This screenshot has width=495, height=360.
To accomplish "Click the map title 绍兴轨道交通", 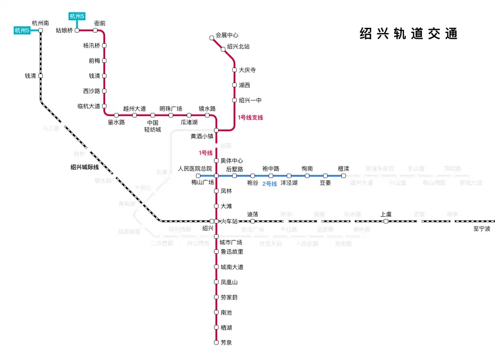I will (408, 34).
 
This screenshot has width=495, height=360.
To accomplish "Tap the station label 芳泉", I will (226, 342).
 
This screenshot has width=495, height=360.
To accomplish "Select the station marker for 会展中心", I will (211, 38).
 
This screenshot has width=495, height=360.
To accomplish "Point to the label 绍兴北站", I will (238, 46).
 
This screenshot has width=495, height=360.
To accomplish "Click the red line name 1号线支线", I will (251, 118).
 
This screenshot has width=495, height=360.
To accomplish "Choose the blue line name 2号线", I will (269, 184).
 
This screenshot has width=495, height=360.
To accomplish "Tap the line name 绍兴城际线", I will (85, 167).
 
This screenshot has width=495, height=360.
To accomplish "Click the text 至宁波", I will (482, 228).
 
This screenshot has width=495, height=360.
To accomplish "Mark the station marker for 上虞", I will (386, 221).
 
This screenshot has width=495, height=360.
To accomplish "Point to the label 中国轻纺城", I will (153, 126).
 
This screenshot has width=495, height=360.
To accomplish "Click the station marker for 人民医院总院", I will (198, 176).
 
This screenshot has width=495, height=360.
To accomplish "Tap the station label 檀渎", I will (343, 169).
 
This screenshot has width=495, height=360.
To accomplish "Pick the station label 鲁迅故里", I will (232, 252).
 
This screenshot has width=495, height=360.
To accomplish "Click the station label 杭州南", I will (40, 23).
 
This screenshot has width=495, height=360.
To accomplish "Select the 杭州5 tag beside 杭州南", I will (23, 30).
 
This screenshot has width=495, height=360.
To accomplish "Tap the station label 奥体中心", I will (232, 161).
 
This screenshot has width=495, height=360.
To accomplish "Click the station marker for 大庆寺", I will (234, 70).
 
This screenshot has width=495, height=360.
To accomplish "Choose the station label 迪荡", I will (253, 214).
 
